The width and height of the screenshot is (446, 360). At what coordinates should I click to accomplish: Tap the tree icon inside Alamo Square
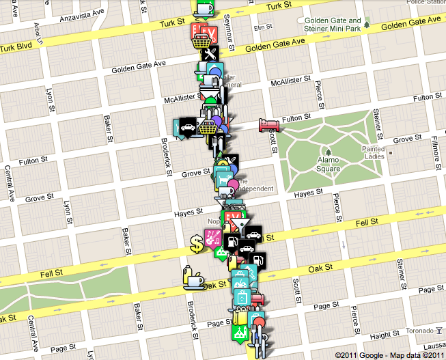(329, 151)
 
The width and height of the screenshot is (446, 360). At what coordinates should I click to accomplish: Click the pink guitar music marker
(212, 237)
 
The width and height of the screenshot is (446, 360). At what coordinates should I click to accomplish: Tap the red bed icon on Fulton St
(266, 124)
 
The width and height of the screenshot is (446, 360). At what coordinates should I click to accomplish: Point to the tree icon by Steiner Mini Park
(367, 25)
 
